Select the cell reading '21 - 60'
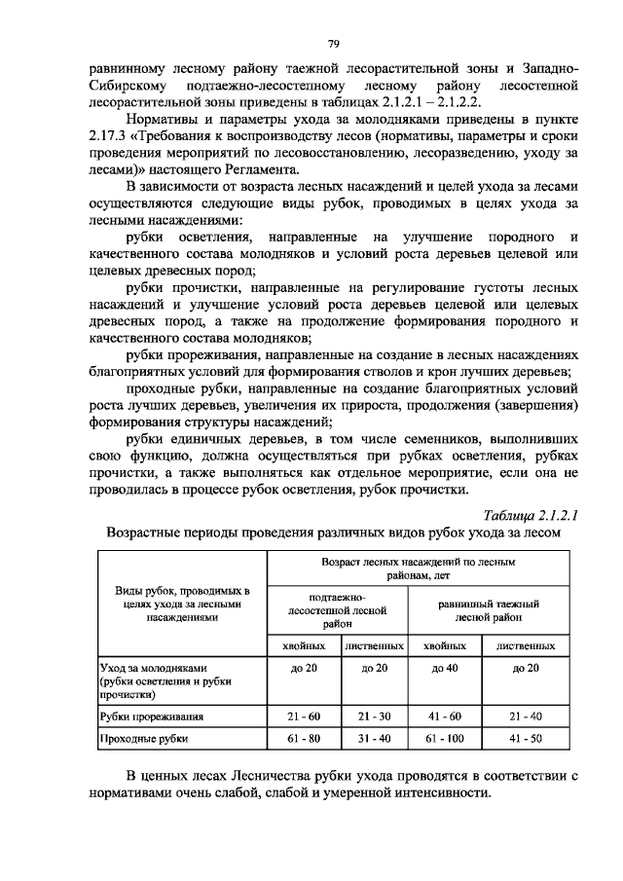(304, 716)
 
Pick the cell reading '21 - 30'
(374, 716)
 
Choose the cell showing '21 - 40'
(525, 716)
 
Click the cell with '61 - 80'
(304, 739)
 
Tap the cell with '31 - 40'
(374, 739)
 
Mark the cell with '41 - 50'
(525, 739)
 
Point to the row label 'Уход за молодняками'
(156, 668)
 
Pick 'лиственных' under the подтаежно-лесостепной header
(374, 645)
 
